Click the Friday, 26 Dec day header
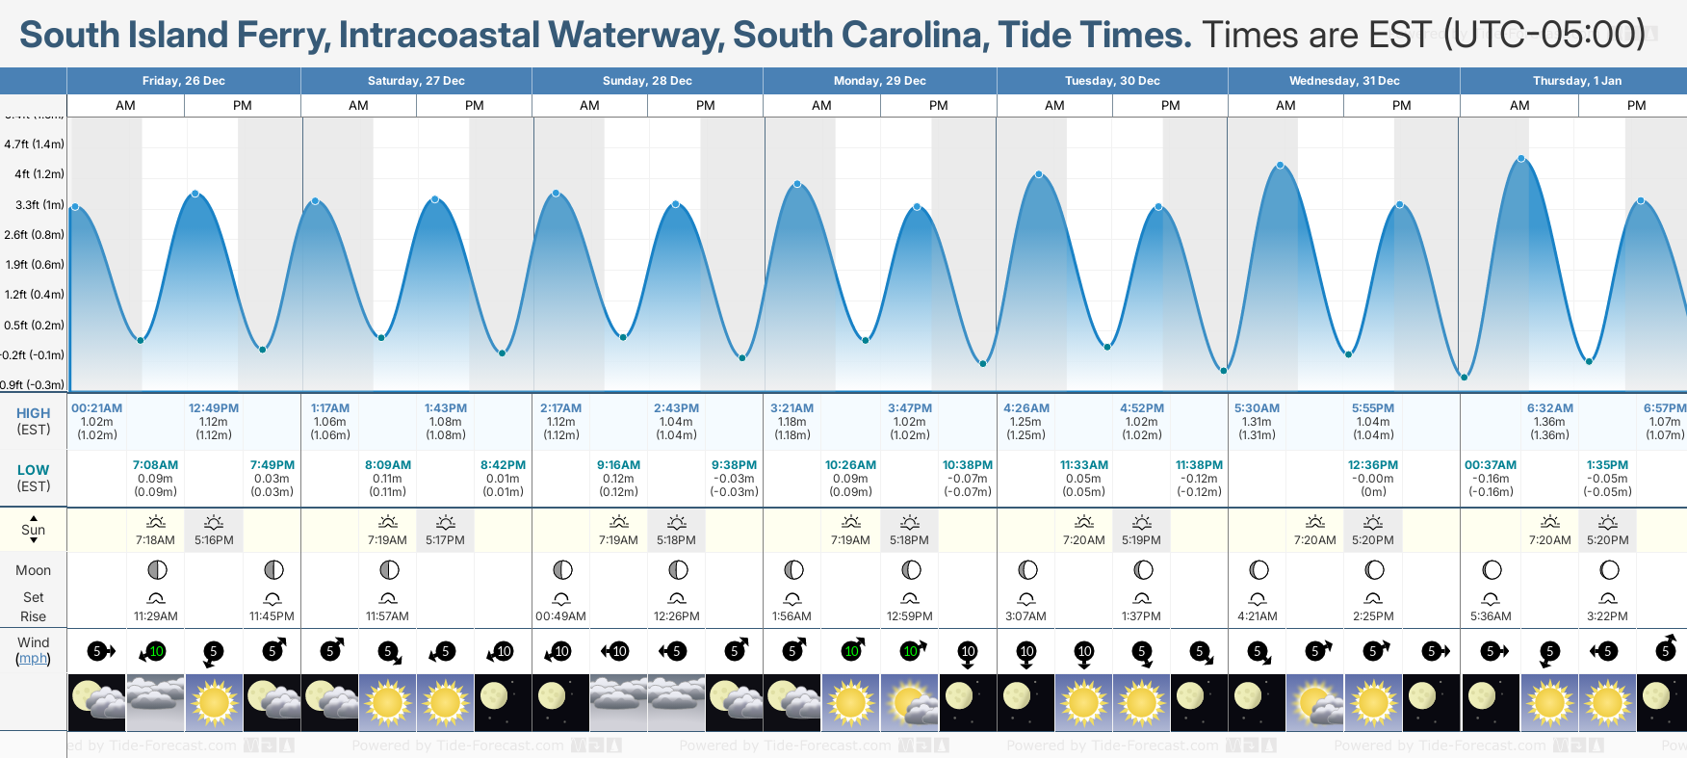pyautogui.click(x=183, y=81)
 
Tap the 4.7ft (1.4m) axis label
pyautogui.click(x=34, y=144)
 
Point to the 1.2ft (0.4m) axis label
pyautogui.click(x=34, y=295)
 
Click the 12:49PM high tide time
pyautogui.click(x=214, y=408)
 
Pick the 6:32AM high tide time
pyautogui.click(x=1549, y=408)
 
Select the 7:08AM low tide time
pyautogui.click(x=155, y=465)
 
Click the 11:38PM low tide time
pyautogui.click(x=1199, y=465)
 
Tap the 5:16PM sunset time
pyautogui.click(x=214, y=540)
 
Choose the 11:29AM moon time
pyautogui.click(x=155, y=616)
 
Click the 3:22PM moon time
pyautogui.click(x=1607, y=616)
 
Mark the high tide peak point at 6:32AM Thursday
pyautogui.click(x=1521, y=159)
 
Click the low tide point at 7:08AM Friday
pyautogui.click(x=141, y=340)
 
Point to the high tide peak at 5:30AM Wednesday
pyautogui.click(x=1281, y=166)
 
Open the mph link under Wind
pyautogui.click(x=33, y=659)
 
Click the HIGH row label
pyautogui.click(x=33, y=413)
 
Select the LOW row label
pyautogui.click(x=33, y=470)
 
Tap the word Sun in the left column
pyautogui.click(x=33, y=530)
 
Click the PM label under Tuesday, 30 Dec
pyautogui.click(x=1170, y=106)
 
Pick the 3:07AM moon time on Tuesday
pyautogui.click(x=1026, y=616)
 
